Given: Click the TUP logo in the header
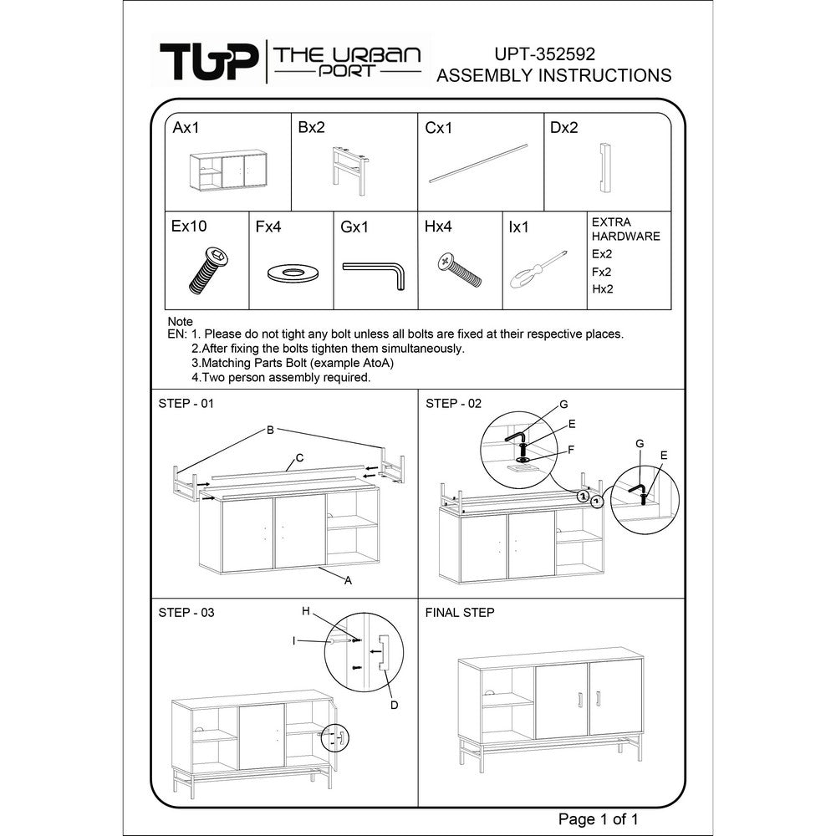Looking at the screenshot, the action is coord(209,62).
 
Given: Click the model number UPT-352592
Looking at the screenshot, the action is coord(544,54).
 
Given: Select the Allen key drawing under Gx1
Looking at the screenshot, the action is coord(374,275).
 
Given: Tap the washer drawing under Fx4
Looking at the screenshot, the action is coord(293,273).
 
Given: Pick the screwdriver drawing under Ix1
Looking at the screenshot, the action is coord(538,269).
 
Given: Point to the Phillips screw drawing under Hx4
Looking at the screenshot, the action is coord(460,270).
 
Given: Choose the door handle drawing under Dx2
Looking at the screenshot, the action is coord(604,167).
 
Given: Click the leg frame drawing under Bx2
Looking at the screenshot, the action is coord(350,171).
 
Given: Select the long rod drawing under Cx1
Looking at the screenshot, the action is coord(478,163).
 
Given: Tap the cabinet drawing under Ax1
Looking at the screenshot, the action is coord(228,170).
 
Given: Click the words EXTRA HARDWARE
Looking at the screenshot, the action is coord(625,229).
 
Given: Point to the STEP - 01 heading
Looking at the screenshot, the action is coord(186,404).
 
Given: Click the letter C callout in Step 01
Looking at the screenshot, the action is coord(299,457).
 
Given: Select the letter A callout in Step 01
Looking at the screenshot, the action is coord(348,581).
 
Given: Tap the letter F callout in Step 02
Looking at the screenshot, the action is coord(571,450).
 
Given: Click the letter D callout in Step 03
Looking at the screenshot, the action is coord(394,705).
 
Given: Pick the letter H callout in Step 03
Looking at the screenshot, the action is coord(306,611).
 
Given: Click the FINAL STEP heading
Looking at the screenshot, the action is coord(460,613).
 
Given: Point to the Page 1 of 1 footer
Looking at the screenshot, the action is coord(598,819).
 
